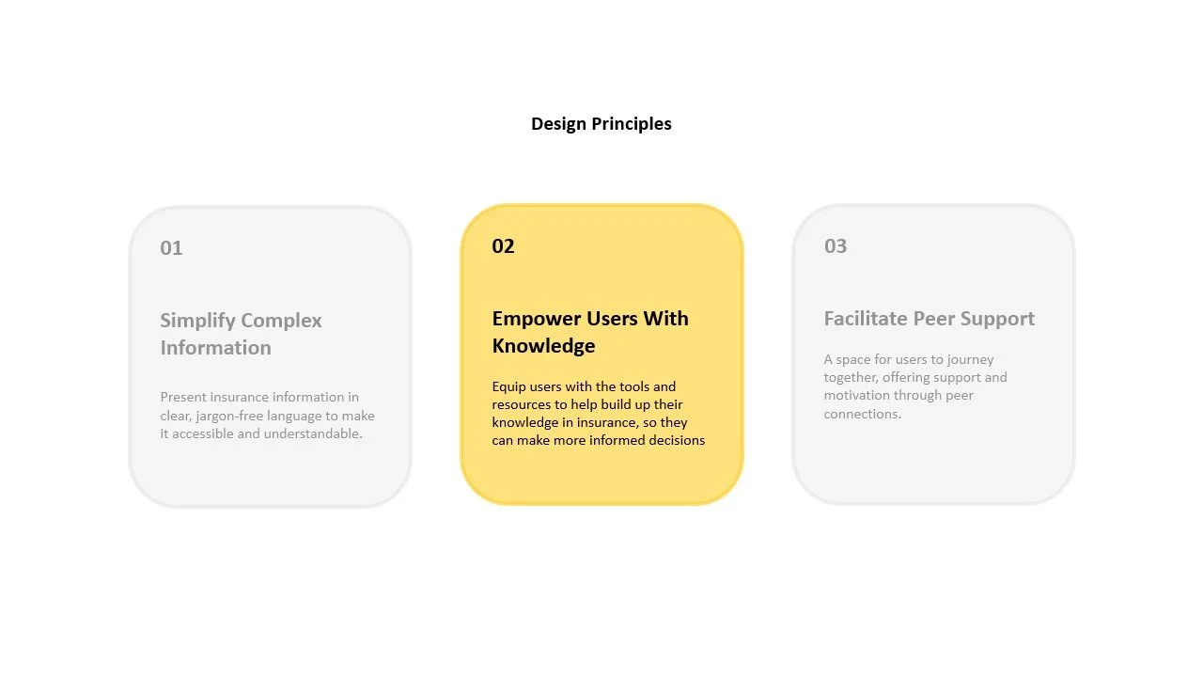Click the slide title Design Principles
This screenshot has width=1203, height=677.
pyautogui.click(x=601, y=123)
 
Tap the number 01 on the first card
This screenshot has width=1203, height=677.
pyautogui.click(x=171, y=248)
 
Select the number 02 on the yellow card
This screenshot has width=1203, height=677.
pyautogui.click(x=503, y=246)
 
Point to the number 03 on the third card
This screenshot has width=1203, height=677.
pyautogui.click(x=836, y=246)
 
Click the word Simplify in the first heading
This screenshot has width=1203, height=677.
pyautogui.click(x=195, y=321)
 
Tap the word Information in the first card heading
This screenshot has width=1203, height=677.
pyautogui.click(x=215, y=348)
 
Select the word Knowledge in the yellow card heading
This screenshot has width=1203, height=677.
pyautogui.click(x=543, y=346)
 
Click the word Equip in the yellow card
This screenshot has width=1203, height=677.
pyautogui.click(x=508, y=386)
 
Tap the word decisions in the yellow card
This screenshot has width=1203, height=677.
pyautogui.click(x=675, y=440)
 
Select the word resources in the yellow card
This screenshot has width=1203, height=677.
pyautogui.click(x=523, y=404)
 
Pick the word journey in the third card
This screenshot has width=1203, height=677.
pyautogui.click(x=970, y=359)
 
